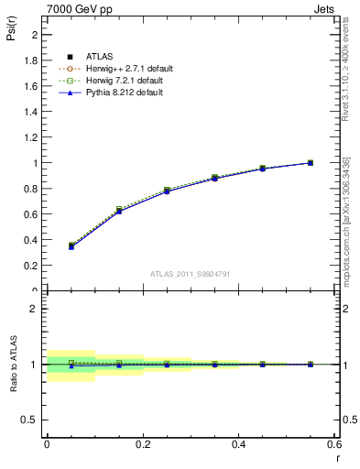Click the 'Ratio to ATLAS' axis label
coord(12,365)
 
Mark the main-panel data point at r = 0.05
coord(71,246)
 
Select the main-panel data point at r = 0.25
coord(167,191)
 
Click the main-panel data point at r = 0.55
coord(311,163)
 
